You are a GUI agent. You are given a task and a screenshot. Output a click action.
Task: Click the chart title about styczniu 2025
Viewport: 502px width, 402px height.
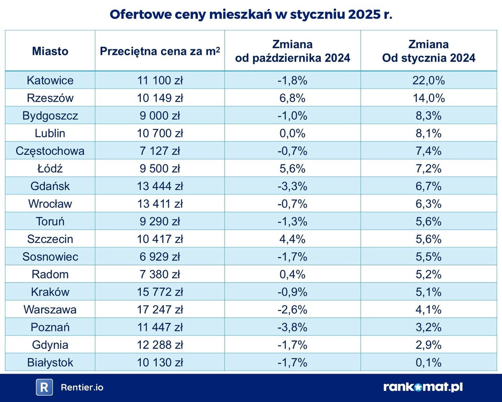(x=251, y=15)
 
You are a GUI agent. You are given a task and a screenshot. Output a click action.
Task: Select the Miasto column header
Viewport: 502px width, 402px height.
(x=50, y=51)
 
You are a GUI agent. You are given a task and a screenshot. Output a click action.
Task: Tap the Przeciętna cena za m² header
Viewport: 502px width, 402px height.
(x=160, y=51)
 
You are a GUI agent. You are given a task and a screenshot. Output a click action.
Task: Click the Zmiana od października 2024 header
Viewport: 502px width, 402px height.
(x=293, y=51)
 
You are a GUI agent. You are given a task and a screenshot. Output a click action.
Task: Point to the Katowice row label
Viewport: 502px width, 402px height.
(x=50, y=80)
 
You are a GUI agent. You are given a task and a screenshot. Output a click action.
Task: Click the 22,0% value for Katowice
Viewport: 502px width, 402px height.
(x=428, y=80)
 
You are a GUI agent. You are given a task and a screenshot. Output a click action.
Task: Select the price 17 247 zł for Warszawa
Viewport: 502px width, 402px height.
(x=160, y=310)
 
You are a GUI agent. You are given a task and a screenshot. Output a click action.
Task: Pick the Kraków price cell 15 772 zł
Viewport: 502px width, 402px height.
(x=160, y=292)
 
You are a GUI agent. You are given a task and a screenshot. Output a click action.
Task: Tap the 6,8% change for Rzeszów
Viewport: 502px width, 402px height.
(x=293, y=98)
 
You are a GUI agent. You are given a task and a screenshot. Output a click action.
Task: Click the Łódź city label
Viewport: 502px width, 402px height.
(x=50, y=168)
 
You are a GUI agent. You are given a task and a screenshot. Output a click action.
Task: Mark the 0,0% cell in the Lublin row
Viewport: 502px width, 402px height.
(x=293, y=133)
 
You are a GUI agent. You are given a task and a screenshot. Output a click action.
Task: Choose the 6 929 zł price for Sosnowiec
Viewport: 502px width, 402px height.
(x=160, y=257)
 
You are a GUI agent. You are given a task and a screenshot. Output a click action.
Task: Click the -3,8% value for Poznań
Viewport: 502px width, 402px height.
(x=293, y=327)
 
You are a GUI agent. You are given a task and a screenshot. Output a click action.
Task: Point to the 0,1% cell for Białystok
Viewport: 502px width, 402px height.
(x=428, y=362)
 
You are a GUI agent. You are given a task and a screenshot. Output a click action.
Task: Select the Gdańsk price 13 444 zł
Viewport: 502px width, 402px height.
(x=160, y=186)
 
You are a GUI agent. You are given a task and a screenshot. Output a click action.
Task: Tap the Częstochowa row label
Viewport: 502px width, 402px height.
(x=50, y=151)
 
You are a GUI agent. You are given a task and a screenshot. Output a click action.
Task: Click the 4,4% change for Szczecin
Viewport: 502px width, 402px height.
(x=293, y=239)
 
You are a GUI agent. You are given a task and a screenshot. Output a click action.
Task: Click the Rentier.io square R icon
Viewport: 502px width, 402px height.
(x=44, y=387)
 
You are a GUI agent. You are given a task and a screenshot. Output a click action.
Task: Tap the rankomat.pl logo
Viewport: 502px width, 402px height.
(x=423, y=387)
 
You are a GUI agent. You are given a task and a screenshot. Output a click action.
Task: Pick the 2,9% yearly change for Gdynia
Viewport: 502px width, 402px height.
(x=428, y=345)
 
